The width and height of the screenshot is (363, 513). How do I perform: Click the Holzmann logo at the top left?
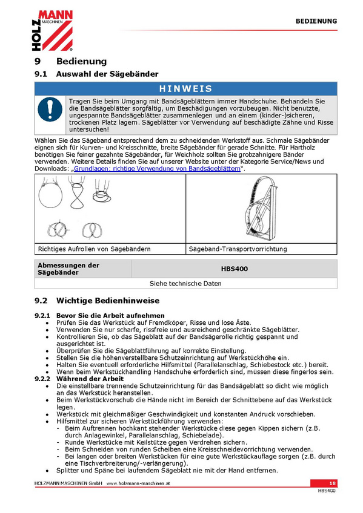coord(52,30)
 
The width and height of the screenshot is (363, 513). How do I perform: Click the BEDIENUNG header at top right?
coord(316,21)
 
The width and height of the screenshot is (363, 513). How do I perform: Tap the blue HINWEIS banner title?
coord(186,89)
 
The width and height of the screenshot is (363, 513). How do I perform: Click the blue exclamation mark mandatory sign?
coord(50,109)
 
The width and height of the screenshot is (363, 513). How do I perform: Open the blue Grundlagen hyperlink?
coord(157,169)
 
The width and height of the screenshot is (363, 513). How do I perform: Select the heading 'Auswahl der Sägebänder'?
coord(107,74)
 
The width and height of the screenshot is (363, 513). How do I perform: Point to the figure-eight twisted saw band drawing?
coord(77,192)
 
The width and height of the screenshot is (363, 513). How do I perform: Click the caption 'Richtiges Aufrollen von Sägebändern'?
coord(95,249)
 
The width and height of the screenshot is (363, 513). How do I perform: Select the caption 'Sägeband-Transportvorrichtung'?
coord(238,249)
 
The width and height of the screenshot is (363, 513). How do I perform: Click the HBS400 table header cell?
coord(235,269)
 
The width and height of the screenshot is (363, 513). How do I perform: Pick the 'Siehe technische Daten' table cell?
coord(186,283)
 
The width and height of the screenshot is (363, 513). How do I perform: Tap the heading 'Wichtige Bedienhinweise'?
coord(108,301)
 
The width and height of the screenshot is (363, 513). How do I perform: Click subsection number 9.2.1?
coord(42,316)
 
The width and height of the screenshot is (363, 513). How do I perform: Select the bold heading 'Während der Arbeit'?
coord(90,379)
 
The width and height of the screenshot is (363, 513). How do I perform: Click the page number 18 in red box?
coord(333,483)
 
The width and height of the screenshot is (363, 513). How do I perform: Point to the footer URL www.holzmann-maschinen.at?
coord(138,483)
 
